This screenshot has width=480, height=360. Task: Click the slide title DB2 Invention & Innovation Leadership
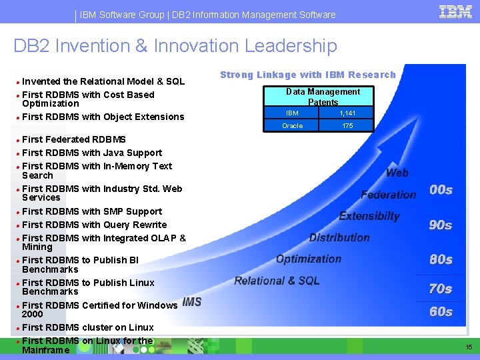point(175,46)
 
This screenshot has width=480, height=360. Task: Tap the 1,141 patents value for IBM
point(347,113)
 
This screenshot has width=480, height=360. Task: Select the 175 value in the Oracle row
point(347,125)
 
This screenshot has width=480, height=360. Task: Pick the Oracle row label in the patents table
point(292,125)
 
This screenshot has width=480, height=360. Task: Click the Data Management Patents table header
point(323,97)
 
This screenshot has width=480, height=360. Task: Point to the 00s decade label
point(441,190)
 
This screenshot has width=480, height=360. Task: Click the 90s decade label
point(440,225)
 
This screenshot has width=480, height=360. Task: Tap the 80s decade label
point(441,259)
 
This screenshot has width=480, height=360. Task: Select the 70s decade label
point(440,289)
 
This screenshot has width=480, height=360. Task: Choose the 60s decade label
point(440,311)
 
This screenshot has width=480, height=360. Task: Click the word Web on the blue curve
point(397,173)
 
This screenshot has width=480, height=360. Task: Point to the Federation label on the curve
point(388,195)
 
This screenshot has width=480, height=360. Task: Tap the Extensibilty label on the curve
point(369,216)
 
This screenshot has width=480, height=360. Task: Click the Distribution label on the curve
point(339,237)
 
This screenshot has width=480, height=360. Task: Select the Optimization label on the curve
point(308,259)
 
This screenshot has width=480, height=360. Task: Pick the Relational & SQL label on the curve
point(277,281)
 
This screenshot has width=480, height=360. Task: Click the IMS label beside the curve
point(191,302)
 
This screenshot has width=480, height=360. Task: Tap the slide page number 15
point(469,347)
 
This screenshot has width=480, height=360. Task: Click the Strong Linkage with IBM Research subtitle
point(307,75)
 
